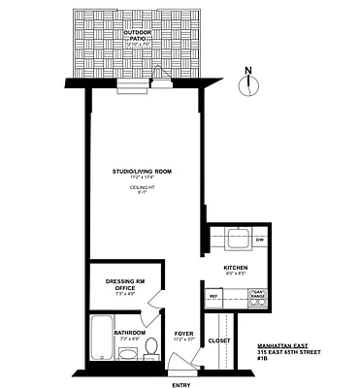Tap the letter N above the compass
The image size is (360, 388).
pos(249,70)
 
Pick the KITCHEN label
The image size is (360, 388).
pos(236,267)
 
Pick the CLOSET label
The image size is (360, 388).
pos(218,340)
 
